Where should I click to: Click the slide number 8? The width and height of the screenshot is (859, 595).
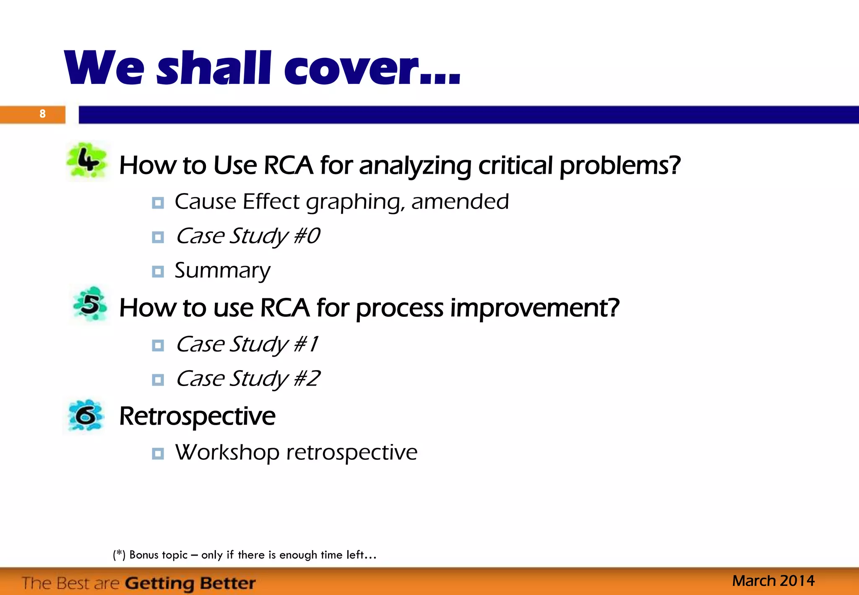tap(42, 114)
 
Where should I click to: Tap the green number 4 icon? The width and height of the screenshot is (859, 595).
tap(88, 161)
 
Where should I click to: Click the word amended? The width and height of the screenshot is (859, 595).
tap(460, 201)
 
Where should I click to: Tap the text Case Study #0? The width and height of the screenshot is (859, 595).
tap(247, 236)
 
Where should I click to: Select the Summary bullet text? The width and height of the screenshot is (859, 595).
tap(222, 270)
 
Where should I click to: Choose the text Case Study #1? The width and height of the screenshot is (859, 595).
tap(247, 344)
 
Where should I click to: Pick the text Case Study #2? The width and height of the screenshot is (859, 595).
tap(247, 379)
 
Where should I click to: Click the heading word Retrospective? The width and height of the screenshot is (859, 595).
tap(197, 416)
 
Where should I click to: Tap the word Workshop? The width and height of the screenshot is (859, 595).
tap(227, 452)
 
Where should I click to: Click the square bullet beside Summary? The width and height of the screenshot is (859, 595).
tap(158, 271)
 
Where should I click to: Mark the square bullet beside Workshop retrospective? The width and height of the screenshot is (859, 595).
tap(158, 453)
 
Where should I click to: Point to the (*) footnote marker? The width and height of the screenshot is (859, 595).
tap(119, 555)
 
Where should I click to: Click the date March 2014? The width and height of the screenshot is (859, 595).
tap(773, 581)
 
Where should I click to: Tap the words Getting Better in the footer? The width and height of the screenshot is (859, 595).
tap(190, 583)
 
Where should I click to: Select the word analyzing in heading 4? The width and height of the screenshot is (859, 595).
tap(415, 166)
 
